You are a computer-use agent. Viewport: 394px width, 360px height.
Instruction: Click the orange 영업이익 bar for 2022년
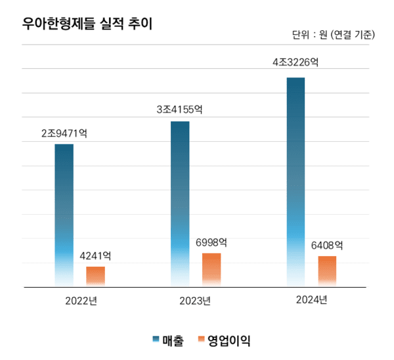click(95, 276)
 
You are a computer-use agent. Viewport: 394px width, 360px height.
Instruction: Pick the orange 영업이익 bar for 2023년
click(211, 269)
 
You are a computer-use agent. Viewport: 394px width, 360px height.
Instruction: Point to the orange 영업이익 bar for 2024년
click(327, 271)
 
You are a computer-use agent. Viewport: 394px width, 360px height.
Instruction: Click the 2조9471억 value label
click(64, 133)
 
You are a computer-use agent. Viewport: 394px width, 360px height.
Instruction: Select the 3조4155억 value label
click(179, 110)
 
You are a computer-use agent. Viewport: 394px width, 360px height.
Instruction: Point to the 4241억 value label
click(95, 256)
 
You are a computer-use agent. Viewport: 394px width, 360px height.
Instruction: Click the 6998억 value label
click(211, 242)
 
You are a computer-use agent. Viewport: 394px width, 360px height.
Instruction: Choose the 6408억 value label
click(327, 246)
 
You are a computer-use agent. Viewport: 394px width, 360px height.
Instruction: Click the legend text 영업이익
click(229, 340)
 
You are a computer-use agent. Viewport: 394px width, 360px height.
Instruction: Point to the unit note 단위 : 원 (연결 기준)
click(333, 35)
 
